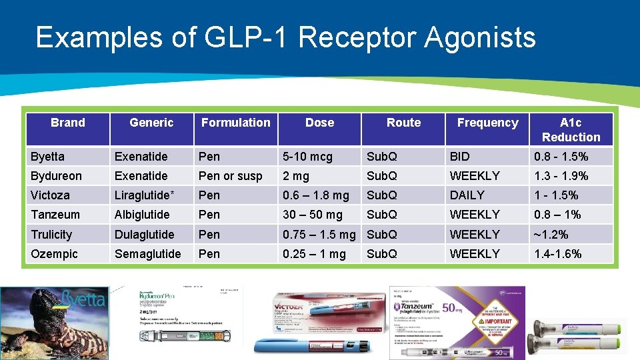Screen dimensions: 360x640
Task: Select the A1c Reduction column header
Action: pyautogui.click(x=571, y=129)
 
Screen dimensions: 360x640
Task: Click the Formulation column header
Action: pyautogui.click(x=236, y=123)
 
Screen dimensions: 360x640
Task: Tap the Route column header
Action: pyautogui.click(x=403, y=123)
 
